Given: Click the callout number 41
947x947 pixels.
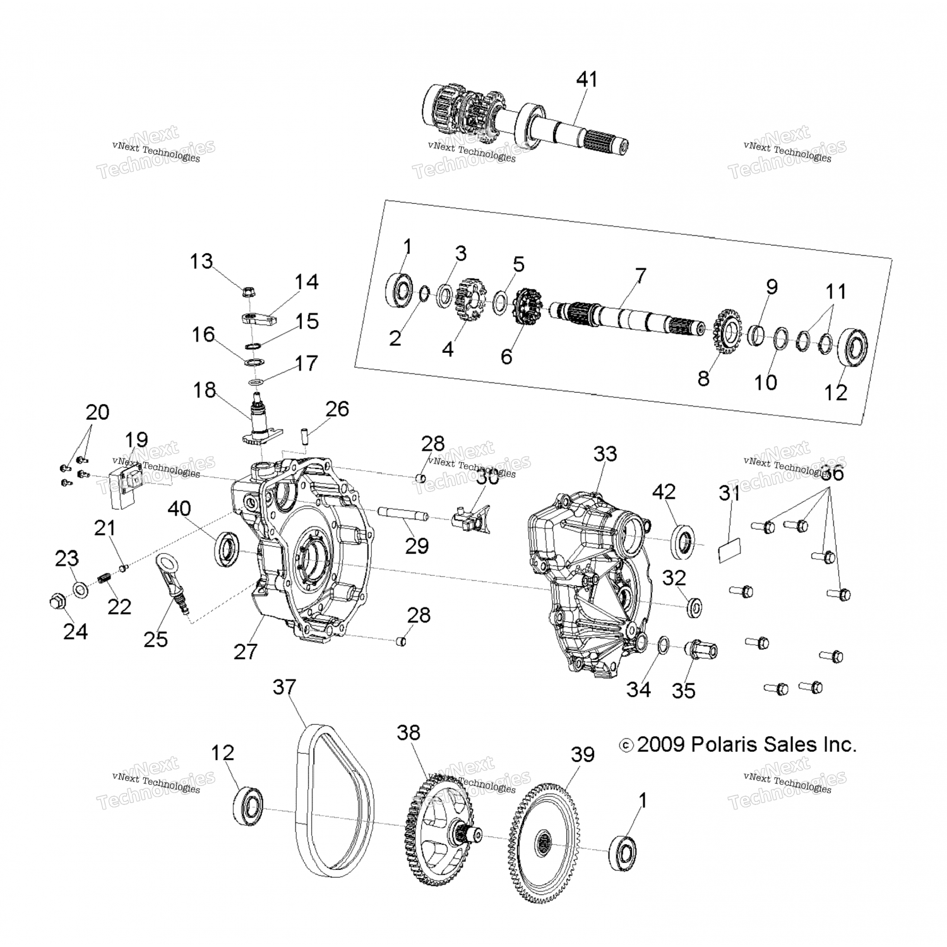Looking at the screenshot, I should click(x=587, y=80).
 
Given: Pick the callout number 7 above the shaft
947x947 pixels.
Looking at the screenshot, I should click(x=640, y=276).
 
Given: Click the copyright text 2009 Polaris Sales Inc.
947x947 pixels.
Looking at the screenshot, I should click(x=738, y=745).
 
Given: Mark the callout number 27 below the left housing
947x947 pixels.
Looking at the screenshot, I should click(x=246, y=651).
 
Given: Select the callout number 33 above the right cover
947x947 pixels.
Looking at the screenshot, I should click(x=605, y=453).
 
